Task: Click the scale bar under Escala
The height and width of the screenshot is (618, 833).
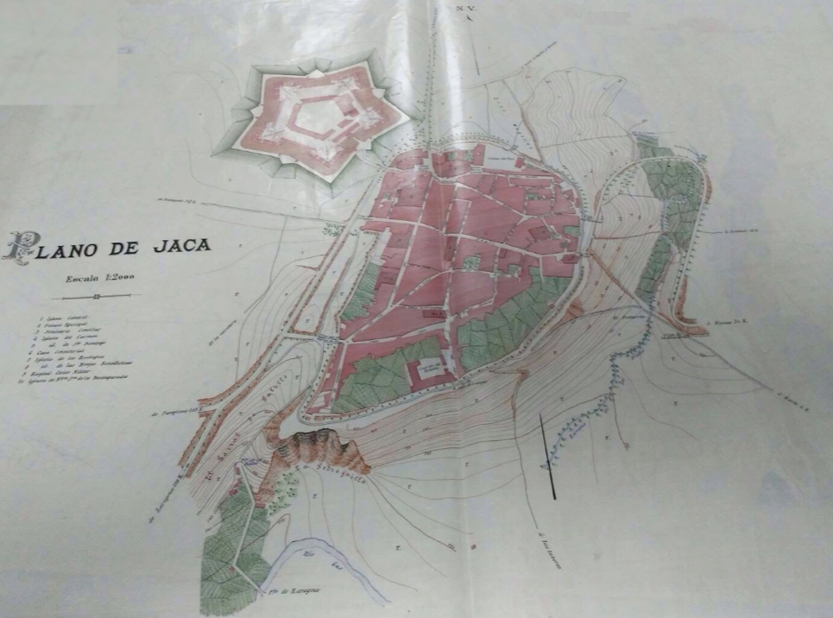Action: (x=96, y=296)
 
